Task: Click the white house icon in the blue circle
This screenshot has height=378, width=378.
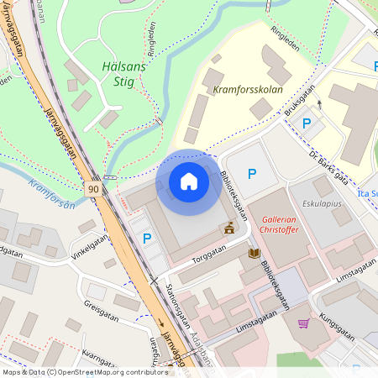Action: pyautogui.click(x=189, y=181)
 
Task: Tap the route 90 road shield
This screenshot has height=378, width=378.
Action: pyautogui.click(x=92, y=190)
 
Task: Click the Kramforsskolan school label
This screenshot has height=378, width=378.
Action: pyautogui.click(x=247, y=89)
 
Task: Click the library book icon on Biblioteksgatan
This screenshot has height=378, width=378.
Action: pyautogui.click(x=254, y=253)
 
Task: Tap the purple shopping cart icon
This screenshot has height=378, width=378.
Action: pyautogui.click(x=303, y=323)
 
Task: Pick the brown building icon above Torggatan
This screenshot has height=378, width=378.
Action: pyautogui.click(x=228, y=227)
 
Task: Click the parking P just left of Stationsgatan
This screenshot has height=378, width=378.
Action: pyautogui.click(x=147, y=239)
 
